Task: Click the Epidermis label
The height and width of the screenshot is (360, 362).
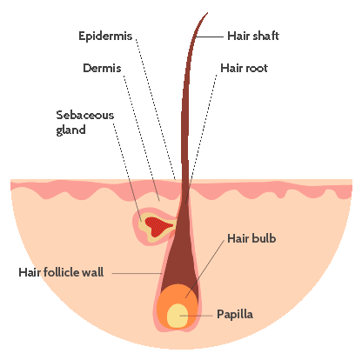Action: click(105, 37)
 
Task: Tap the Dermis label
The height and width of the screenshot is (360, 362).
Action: click(102, 68)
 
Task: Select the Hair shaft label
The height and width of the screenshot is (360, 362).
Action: click(253, 36)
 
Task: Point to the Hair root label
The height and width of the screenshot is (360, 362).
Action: click(244, 68)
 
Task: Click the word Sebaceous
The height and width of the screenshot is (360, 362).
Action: click(85, 115)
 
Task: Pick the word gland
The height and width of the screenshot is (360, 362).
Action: click(70, 130)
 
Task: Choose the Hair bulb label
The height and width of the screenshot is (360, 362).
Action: click(251, 238)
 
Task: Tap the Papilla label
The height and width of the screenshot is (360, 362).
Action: click(235, 315)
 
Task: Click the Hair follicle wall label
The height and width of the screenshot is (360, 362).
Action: click(61, 272)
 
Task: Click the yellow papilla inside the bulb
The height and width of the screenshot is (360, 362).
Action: click(178, 316)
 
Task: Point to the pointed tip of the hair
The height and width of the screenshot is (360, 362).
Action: click(208, 13)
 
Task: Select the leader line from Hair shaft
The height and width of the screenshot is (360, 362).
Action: click(210, 37)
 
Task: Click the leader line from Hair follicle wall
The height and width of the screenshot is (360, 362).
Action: click(137, 273)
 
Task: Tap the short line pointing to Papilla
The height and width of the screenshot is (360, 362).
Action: click(197, 316)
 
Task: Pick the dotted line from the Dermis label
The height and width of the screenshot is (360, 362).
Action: click(142, 138)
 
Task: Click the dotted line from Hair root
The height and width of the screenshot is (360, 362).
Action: click(201, 138)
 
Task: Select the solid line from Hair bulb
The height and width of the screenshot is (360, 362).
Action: click(205, 269)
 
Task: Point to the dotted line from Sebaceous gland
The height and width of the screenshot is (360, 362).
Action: click(127, 172)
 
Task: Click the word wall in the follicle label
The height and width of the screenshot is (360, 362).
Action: click(93, 272)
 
